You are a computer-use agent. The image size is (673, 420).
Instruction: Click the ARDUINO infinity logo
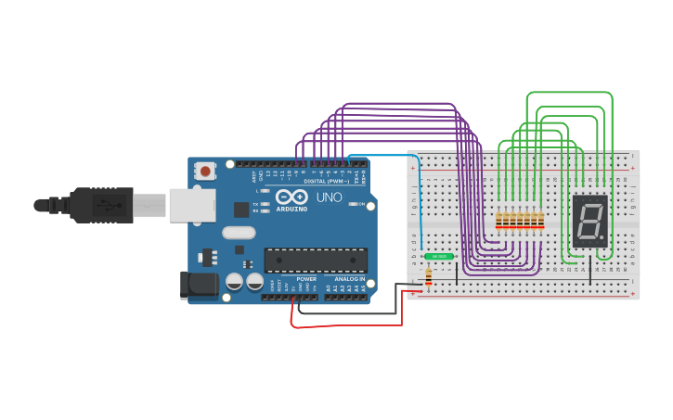290,197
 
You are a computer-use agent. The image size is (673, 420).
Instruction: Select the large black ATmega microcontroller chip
315,261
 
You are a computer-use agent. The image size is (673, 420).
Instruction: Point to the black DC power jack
199,285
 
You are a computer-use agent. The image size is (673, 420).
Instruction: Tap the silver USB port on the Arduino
191,205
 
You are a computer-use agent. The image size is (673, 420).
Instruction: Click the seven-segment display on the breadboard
589,221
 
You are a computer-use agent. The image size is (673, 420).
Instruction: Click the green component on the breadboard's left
438,256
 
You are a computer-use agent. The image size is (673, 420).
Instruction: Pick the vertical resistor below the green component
428,277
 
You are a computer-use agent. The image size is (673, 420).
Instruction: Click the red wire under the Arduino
348,326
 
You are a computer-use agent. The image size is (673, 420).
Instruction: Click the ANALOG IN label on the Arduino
344,279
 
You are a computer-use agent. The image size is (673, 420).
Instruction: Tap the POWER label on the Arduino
306,279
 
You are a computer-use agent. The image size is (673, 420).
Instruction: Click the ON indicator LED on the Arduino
353,205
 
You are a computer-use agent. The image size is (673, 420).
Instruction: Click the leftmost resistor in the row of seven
499,221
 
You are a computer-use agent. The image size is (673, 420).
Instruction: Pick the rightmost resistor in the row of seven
541,221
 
